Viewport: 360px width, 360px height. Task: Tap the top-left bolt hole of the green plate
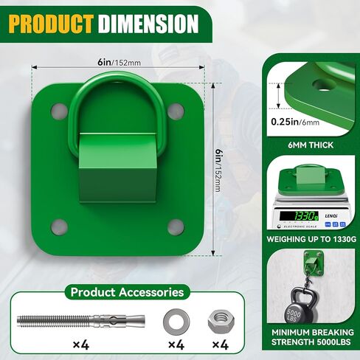coord(59,111)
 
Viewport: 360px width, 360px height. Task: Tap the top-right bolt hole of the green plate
coord(175,111)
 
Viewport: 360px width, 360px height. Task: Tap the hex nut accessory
coord(220,321)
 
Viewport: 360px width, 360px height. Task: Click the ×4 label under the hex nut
coord(220,345)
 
